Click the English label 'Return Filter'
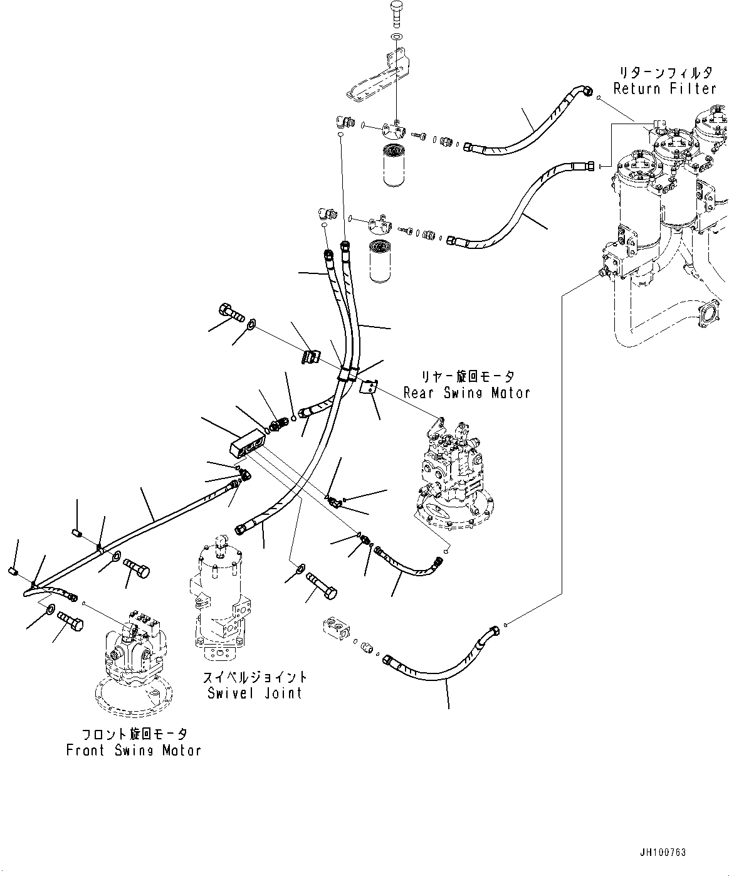664,88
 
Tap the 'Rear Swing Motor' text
466,393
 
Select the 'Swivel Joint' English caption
255,693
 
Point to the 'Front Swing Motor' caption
134,750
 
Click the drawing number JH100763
663,853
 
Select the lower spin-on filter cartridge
382,260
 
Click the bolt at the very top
398,13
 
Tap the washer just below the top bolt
397,39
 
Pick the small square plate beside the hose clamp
369,388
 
